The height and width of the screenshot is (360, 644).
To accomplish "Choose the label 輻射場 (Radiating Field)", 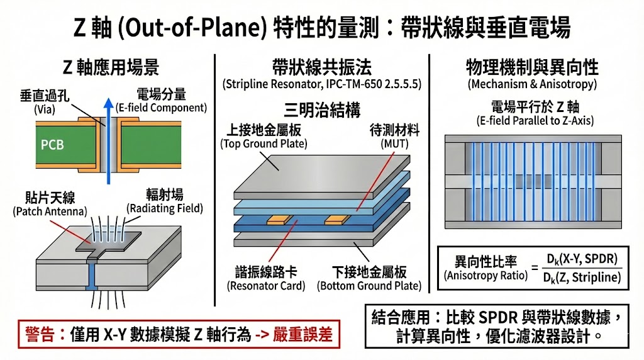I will [x=165, y=201].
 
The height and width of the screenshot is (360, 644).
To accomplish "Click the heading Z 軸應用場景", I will [x=111, y=67].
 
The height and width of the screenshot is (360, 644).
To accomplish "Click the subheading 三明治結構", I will [x=322, y=110].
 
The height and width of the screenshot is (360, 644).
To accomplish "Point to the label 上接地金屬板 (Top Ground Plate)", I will [x=264, y=137].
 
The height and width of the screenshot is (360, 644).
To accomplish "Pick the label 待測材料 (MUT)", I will [x=395, y=137].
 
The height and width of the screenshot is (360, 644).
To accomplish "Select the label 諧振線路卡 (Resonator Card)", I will [x=265, y=279].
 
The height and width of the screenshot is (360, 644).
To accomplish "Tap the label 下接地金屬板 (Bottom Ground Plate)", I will [x=369, y=279].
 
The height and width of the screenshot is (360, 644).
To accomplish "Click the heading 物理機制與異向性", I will [x=532, y=67].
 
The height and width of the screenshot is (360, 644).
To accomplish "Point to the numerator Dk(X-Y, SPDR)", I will [x=582, y=258].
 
